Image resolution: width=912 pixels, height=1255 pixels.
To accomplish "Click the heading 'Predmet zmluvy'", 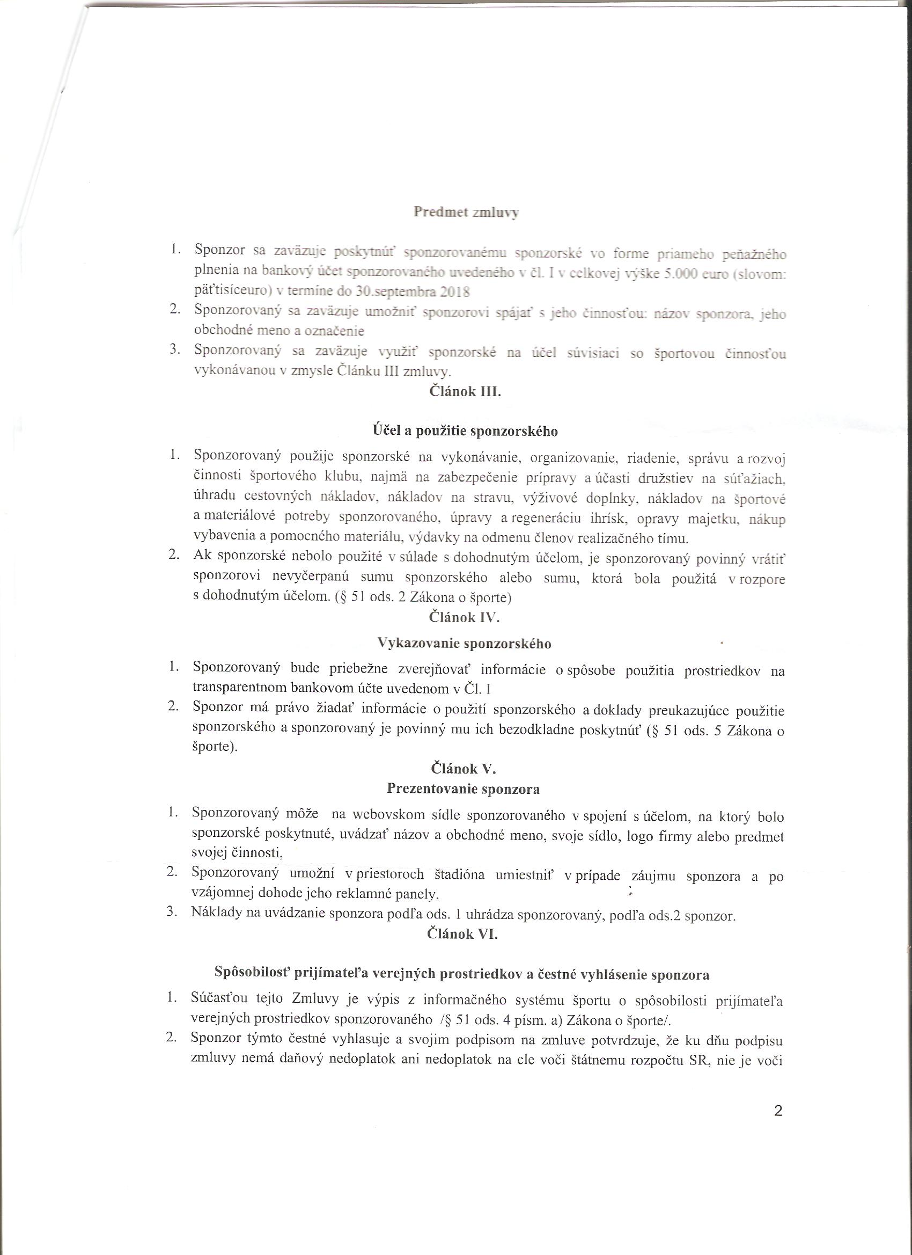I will point(466,213).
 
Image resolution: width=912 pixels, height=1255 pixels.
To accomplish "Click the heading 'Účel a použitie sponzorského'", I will point(465,431).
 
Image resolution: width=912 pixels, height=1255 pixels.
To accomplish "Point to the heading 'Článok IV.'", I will point(465,617).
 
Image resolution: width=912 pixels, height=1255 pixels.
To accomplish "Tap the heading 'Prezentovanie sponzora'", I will point(464,788).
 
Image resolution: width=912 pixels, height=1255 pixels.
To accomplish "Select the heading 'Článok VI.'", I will point(463,934).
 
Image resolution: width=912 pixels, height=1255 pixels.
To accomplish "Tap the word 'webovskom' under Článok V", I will point(389,815).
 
